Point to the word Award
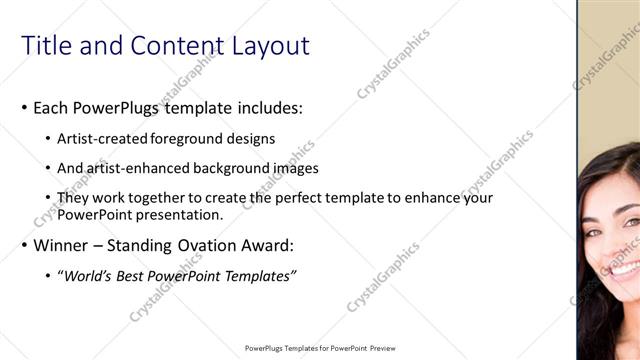[x=269, y=245]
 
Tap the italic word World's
[x=87, y=276]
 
